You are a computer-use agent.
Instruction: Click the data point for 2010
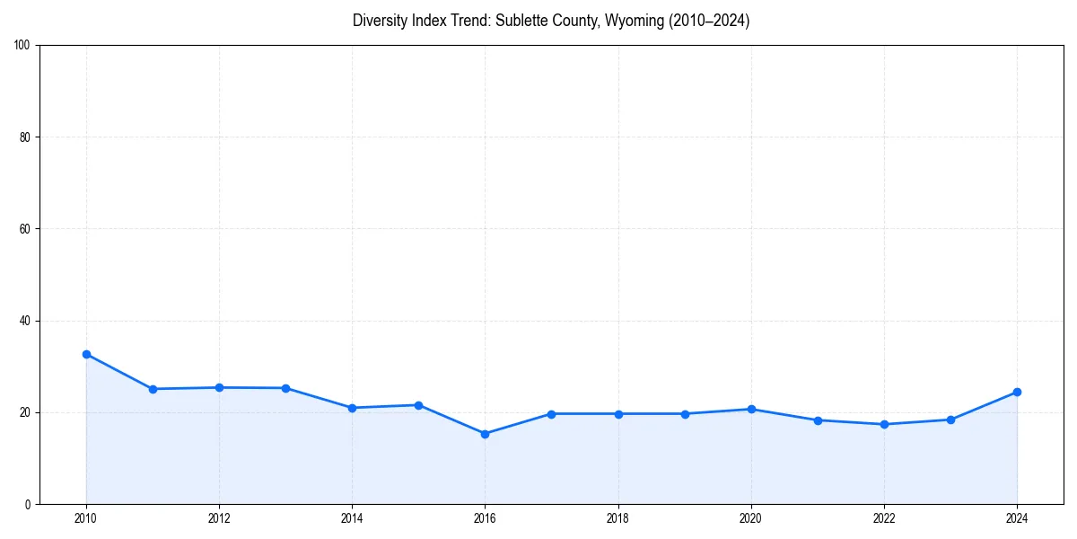[x=86, y=354]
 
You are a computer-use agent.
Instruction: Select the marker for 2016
[x=485, y=434]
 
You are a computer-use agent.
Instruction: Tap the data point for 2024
[x=1017, y=392]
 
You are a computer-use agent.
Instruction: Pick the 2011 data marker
[x=153, y=389]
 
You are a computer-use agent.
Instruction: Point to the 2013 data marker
[x=285, y=388]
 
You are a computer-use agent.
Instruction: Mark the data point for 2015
[x=418, y=405]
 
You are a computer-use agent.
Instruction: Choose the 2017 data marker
[x=551, y=414]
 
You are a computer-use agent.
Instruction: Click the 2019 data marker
[x=685, y=414]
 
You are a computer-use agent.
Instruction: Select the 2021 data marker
[x=818, y=420]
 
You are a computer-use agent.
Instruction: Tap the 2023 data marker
[x=950, y=420]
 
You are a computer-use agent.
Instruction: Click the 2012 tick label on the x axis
[x=219, y=518]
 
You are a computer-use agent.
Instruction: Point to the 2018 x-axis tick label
[x=617, y=518]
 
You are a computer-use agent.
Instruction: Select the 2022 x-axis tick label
[x=884, y=518]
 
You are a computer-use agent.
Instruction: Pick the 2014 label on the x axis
[x=352, y=518]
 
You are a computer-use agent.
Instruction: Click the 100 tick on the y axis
[x=22, y=45]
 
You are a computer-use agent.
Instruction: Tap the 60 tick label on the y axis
[x=25, y=229]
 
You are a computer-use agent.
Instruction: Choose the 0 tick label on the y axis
[x=28, y=504]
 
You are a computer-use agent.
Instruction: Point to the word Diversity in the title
[x=381, y=21]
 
